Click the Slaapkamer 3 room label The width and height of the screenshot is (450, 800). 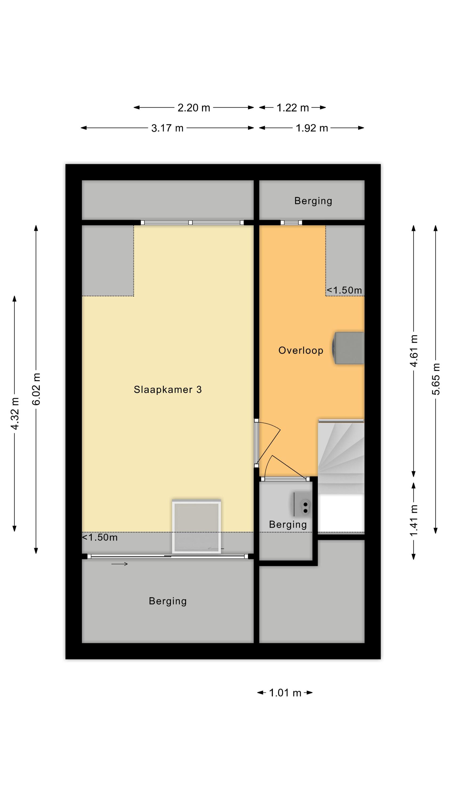point(168,389)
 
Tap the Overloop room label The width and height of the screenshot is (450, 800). point(301,350)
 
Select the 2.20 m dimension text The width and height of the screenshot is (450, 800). point(194,108)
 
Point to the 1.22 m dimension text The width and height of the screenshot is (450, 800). point(292,108)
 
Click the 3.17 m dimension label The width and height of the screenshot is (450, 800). point(167,128)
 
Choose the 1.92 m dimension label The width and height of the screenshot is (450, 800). point(312,128)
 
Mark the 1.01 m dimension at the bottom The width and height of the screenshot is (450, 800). point(285,693)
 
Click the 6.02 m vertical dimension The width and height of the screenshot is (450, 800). point(36,389)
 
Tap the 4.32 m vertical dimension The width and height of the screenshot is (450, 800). point(15,413)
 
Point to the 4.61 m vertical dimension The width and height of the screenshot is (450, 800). point(414,351)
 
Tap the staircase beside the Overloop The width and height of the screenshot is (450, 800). point(341,475)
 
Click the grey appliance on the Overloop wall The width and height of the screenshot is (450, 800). point(348,348)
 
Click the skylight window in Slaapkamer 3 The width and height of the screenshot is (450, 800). point(196,526)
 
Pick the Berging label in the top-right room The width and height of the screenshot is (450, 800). point(313,201)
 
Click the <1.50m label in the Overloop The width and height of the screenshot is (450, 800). point(344,290)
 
